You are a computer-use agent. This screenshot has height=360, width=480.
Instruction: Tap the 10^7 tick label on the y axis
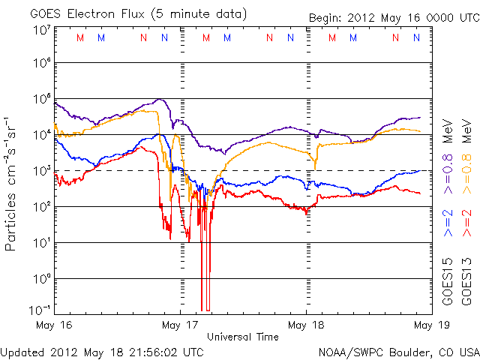pyautogui.click(x=41, y=30)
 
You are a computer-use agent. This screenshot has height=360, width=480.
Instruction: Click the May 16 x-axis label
pyautogui.click(x=55, y=325)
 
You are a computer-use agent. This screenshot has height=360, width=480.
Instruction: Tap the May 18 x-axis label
pyautogui.click(x=306, y=325)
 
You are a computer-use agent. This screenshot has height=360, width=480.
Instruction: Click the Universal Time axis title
pyautogui.click(x=243, y=337)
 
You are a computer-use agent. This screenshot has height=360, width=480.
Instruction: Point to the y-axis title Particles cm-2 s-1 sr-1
pyautogui.click(x=12, y=184)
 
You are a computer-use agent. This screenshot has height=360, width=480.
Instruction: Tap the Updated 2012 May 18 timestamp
pyautogui.click(x=101, y=351)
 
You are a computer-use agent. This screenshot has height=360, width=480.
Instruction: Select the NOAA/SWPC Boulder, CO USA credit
pyautogui.click(x=398, y=351)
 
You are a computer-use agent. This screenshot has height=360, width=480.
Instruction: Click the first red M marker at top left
pyautogui.click(x=80, y=37)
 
